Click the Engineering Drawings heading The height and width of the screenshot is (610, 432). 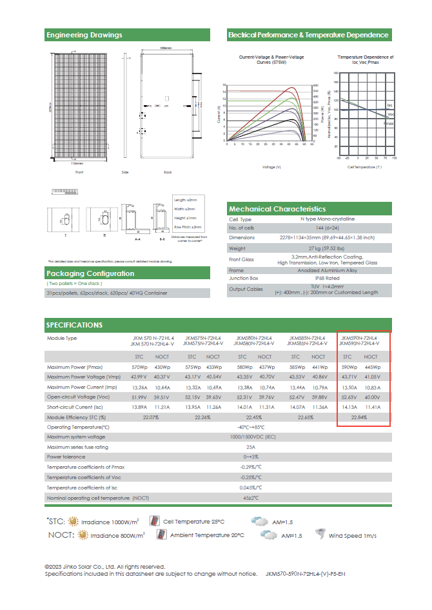tap(84, 35)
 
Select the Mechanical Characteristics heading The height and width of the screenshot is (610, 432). tap(277, 209)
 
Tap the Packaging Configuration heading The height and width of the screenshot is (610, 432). tap(90, 273)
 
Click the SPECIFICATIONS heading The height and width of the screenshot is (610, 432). tap(74, 325)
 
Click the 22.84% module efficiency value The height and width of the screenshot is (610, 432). tap(359, 417)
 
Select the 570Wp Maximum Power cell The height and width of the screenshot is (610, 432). tap(140, 367)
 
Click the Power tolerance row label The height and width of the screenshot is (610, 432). tap(66, 457)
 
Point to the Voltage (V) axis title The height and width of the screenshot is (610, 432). tap(271, 167)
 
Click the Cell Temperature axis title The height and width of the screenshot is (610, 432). tap(365, 167)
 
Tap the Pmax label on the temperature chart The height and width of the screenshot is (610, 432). tap(389, 123)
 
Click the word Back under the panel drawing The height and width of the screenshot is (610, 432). tap(168, 173)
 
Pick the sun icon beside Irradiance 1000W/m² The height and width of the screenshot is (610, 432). tap(73, 521)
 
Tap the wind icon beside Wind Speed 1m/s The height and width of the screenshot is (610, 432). tap(320, 534)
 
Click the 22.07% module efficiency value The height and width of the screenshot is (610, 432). tap(151, 417)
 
